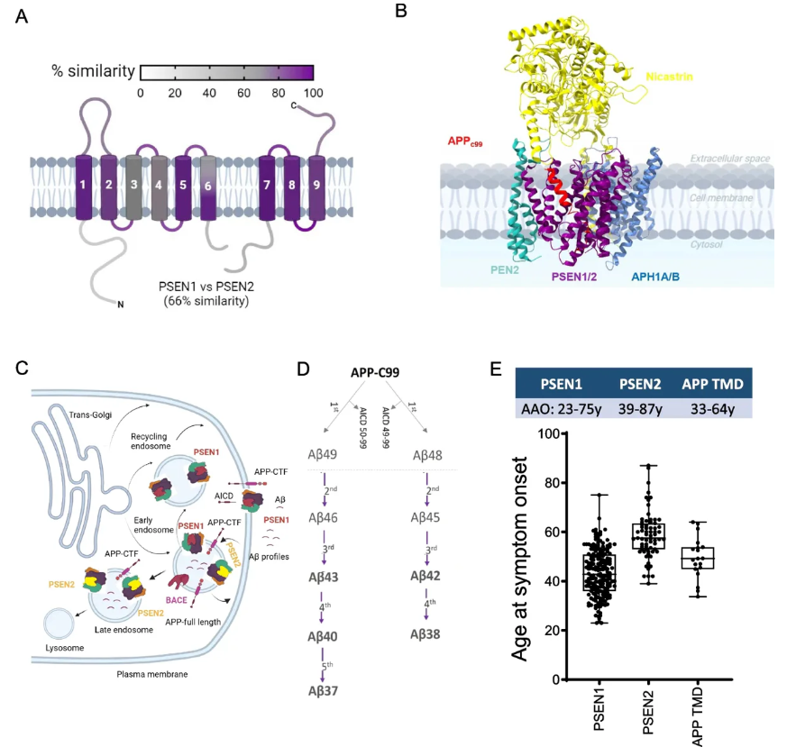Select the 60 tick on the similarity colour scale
point(244,93)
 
